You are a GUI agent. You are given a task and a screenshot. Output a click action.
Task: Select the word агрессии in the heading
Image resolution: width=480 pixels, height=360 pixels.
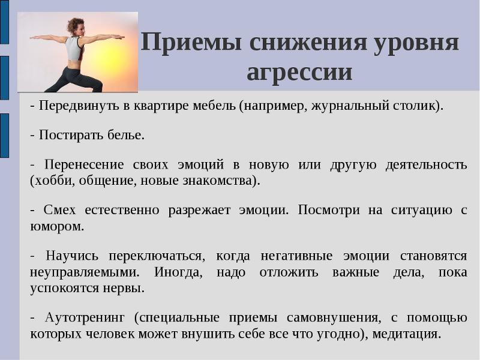299,72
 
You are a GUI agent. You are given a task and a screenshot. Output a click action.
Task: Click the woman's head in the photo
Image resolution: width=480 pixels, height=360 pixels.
76,26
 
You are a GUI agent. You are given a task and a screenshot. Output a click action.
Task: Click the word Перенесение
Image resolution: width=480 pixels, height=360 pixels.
84,164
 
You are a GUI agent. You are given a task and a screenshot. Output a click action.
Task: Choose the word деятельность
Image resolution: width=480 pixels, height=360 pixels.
426,164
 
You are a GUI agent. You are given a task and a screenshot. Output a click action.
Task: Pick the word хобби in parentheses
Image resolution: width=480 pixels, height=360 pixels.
53,181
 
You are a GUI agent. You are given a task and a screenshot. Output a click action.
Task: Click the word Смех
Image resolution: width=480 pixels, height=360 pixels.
59,210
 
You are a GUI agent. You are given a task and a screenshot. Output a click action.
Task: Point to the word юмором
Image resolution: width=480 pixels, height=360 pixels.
56,227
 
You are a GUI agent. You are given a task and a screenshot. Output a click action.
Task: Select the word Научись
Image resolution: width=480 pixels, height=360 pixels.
72,256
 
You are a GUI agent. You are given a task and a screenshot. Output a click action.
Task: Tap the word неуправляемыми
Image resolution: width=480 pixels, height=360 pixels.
85,272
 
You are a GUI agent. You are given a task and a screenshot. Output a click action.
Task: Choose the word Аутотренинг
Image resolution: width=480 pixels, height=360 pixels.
85,317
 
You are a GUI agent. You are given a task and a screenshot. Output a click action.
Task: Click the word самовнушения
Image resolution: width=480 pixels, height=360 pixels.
334,317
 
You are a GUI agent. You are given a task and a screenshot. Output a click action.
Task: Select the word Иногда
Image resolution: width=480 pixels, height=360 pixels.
178,272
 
